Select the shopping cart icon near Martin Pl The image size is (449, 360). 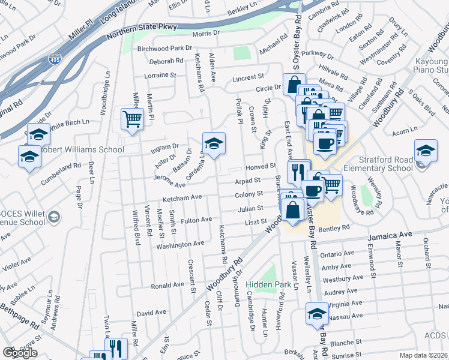tap(131, 118)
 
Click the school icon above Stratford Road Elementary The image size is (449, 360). tap(426, 150)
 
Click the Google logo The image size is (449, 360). tap(20, 353)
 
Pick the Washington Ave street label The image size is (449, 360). tap(180, 245)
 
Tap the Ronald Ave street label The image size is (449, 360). tap(167, 286)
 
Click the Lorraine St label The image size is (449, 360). tap(160, 76)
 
